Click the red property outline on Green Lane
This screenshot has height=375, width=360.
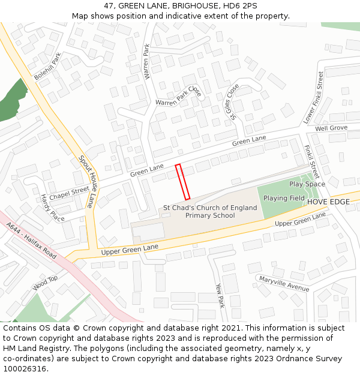click(182, 181)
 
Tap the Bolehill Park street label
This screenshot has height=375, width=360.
click(48, 67)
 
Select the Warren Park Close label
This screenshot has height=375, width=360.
click(178, 97)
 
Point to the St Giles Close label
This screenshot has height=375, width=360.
click(232, 101)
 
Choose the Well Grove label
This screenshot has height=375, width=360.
click(331, 128)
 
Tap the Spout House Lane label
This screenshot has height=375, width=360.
click(86, 181)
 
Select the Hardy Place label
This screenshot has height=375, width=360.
click(52, 208)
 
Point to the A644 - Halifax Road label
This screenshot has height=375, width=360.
click(32, 241)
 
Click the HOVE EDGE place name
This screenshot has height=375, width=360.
click(328, 202)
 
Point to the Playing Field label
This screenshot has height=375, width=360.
click(284, 199)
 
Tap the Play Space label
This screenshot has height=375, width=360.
click(307, 184)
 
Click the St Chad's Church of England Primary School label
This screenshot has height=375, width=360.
click(210, 212)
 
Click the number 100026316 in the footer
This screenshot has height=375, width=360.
click(25, 368)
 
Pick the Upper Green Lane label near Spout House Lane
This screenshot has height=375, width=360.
click(130, 247)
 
